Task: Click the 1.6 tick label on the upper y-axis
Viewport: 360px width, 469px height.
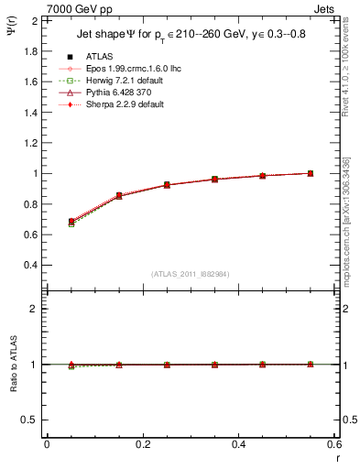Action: [x=30, y=82]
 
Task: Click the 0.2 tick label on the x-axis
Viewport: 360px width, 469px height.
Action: [x=142, y=443]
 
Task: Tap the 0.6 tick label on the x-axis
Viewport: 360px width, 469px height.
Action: [x=333, y=443]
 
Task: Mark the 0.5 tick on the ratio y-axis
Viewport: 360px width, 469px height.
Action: [x=30, y=420]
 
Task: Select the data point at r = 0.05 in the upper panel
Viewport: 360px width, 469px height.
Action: [x=71, y=222]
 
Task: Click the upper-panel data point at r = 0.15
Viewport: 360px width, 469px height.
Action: [x=119, y=196]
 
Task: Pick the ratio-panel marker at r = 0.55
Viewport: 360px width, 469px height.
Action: [x=311, y=365]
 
